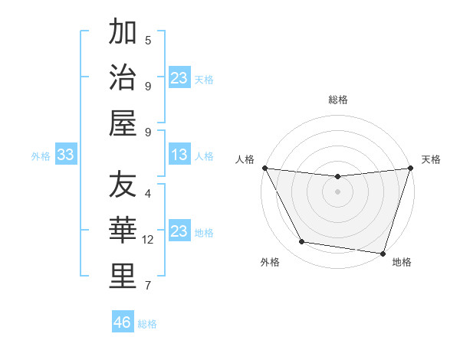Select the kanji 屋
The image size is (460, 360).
(123, 122)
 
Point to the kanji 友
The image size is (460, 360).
(123, 185)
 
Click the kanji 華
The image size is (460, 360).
(123, 231)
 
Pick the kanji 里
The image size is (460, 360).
(123, 277)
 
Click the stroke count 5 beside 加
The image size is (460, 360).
(148, 41)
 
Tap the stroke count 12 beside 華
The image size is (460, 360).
(148, 240)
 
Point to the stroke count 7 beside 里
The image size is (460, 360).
(148, 286)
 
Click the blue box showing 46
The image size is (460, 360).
(123, 322)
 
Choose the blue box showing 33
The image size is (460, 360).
(66, 155)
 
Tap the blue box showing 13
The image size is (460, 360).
(179, 155)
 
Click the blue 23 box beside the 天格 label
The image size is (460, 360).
(179, 78)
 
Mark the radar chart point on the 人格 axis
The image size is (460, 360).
(265, 168)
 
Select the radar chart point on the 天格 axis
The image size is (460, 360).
(409, 169)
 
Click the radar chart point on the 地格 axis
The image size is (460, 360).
(382, 253)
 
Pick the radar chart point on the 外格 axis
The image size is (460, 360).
(301, 242)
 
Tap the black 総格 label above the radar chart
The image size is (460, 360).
(337, 100)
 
